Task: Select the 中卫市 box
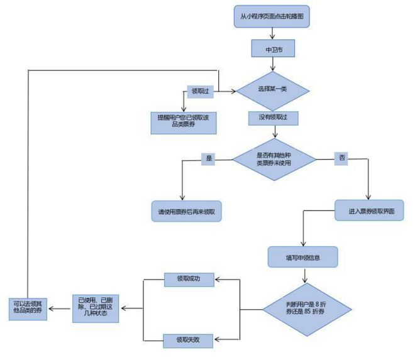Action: [x=272, y=48]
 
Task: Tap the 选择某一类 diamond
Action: [x=272, y=90]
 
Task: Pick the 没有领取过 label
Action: [x=272, y=117]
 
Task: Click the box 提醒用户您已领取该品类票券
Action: [x=184, y=121]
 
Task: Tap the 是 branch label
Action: [x=207, y=159]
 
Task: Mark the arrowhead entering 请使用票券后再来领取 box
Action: [x=182, y=199]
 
